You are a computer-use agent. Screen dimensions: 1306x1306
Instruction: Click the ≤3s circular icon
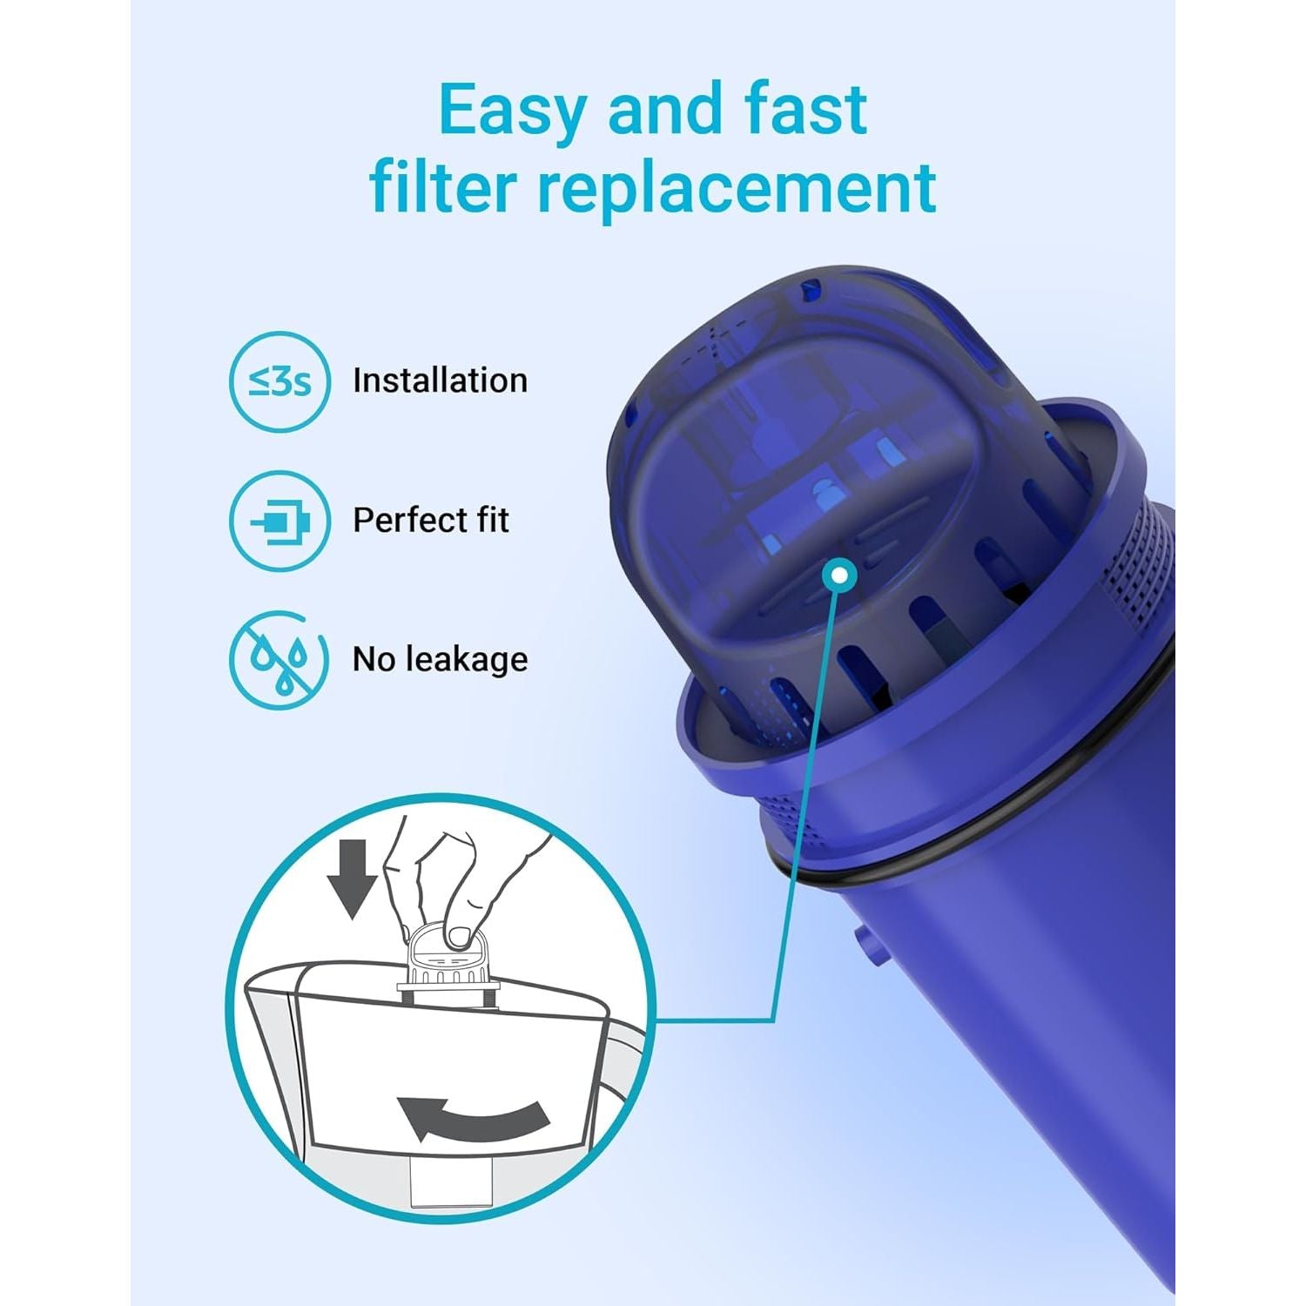(280, 381)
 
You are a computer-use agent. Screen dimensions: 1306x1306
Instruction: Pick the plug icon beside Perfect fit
(280, 521)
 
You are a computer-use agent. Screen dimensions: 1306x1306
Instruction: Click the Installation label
(440, 380)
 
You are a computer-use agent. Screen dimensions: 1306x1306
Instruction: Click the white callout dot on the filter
(839, 574)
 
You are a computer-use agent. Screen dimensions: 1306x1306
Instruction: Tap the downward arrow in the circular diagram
(352, 880)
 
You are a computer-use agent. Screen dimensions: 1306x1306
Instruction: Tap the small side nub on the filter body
(868, 945)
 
